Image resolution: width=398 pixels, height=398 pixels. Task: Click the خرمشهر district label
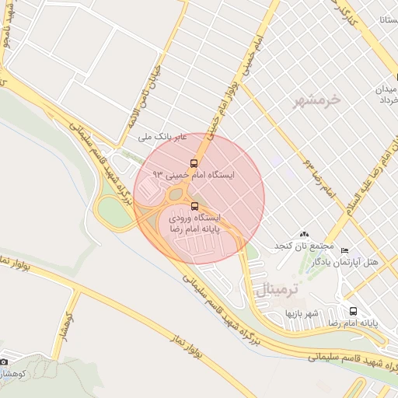click(x=318, y=100)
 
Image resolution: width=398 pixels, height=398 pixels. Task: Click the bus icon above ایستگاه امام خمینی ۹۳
click(x=194, y=163)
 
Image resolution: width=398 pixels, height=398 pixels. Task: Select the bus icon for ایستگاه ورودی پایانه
click(x=194, y=206)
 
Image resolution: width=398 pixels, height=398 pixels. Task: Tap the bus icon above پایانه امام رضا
click(x=354, y=310)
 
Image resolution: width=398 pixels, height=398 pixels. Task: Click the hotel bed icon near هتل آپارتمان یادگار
click(x=344, y=250)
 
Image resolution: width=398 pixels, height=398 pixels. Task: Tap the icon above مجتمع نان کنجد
click(x=303, y=234)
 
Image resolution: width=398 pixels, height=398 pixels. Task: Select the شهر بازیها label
click(x=301, y=313)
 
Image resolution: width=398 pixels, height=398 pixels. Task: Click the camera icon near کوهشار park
click(x=4, y=361)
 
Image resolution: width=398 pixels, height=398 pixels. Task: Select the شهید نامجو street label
click(x=6, y=31)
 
